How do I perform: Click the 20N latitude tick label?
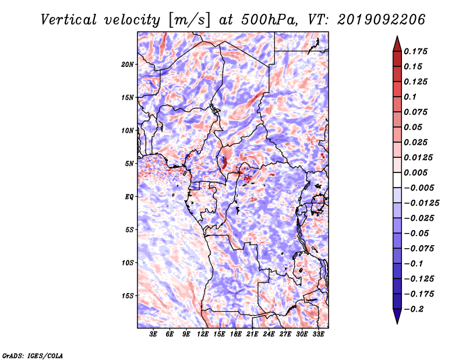click(x=127, y=65)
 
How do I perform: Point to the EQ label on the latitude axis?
click(x=129, y=197)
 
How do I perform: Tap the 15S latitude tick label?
click(x=128, y=296)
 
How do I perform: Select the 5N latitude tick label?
click(x=129, y=164)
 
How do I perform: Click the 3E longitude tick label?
click(x=153, y=334)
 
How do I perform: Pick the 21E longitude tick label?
click(x=252, y=334)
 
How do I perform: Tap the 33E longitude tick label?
click(x=318, y=334)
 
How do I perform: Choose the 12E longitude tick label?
click(x=203, y=334)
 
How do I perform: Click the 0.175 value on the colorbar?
click(x=415, y=51)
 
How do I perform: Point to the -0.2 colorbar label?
click(x=414, y=309)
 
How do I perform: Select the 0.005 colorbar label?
click(x=415, y=172)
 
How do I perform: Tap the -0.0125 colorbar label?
click(x=421, y=203)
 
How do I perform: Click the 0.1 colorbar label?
click(x=410, y=97)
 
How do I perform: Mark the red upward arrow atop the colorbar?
click(x=397, y=44)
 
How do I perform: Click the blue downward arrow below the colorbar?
click(x=397, y=316)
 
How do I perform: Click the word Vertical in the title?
click(x=68, y=20)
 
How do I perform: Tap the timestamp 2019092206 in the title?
click(x=382, y=20)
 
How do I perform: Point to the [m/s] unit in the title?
click(x=190, y=20)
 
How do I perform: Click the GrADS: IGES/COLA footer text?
click(x=33, y=356)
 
